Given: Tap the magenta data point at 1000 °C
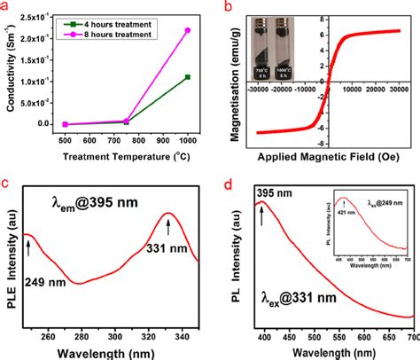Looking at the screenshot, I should (187, 30).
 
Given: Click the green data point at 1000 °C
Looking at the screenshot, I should (187, 77).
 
